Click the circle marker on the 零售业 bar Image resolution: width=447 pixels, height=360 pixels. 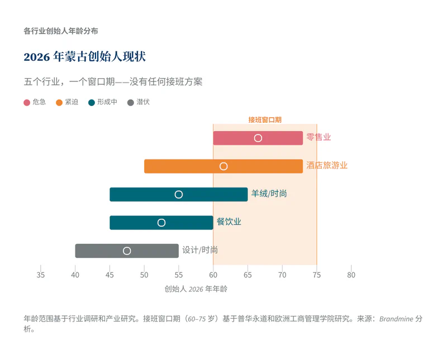[258, 138]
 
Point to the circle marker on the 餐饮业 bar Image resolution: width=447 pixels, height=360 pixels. [161, 223]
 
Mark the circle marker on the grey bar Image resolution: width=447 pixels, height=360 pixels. [127, 251]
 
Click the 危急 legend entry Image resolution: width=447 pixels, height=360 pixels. [35, 102]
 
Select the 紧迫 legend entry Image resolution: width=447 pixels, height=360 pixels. [67, 102]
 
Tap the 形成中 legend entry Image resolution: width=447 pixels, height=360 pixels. [103, 102]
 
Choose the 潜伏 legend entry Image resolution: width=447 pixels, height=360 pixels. [139, 102]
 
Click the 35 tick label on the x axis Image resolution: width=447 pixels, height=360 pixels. [41, 275]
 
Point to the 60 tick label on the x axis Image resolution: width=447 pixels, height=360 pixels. [213, 275]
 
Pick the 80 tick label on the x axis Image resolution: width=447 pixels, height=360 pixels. [351, 275]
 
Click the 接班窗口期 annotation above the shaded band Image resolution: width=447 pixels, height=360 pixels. [265, 119]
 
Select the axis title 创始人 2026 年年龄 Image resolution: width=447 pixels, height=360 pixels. [196, 289]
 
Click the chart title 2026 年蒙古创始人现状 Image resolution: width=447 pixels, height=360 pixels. [85, 57]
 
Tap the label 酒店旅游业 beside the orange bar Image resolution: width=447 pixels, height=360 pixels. [327, 166]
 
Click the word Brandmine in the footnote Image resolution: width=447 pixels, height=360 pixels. [397, 319]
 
